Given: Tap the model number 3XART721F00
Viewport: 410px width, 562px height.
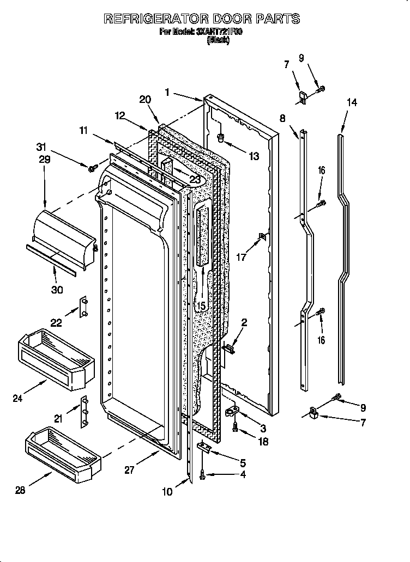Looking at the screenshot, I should click(219, 32).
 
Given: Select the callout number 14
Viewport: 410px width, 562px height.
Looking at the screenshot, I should click(352, 102).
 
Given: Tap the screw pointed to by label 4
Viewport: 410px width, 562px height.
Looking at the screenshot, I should click(203, 475).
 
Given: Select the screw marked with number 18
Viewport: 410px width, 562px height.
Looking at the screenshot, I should click(236, 429).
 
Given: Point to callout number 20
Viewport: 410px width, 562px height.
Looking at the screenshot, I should click(144, 99).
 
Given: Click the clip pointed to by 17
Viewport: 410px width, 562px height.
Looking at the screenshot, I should click(262, 236).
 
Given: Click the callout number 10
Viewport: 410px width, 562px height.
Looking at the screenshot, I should click(167, 492).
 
